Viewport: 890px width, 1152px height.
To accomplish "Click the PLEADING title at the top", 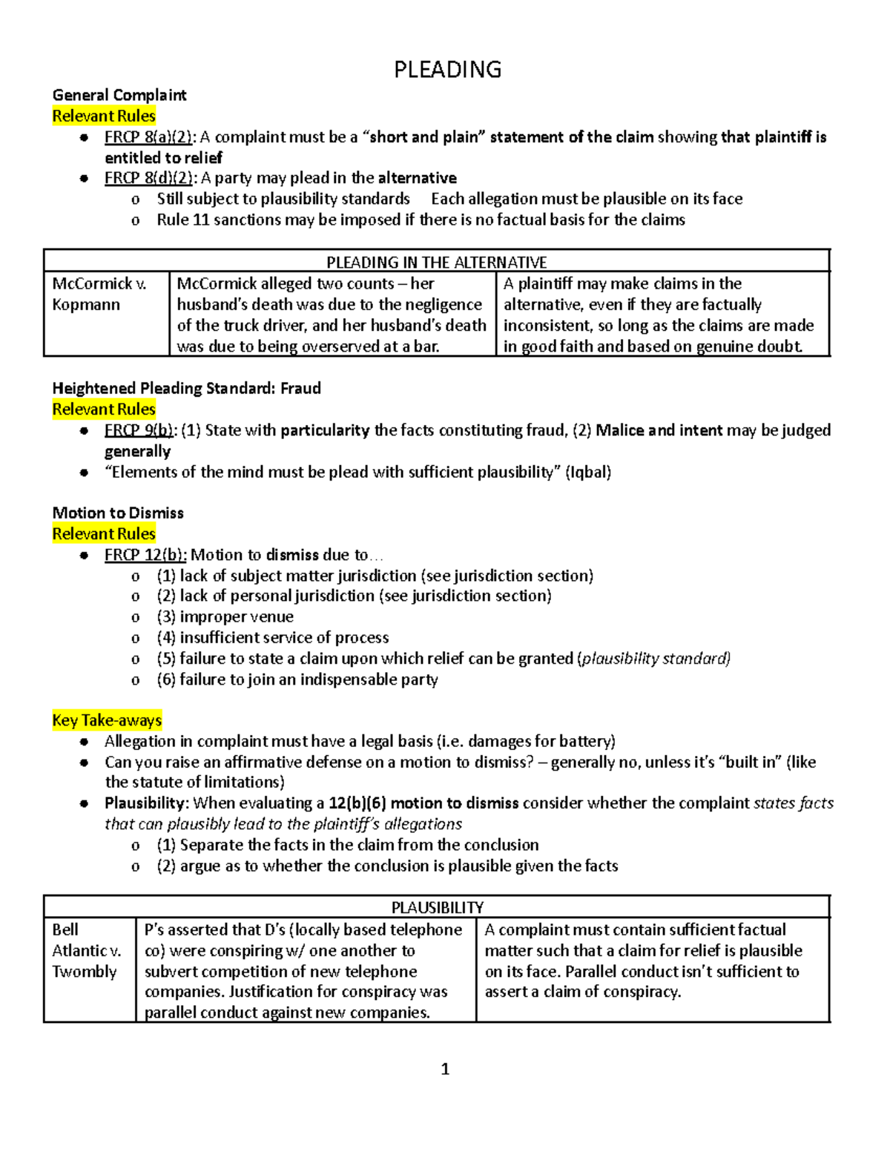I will [447, 70].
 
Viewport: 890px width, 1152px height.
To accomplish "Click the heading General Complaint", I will [119, 95].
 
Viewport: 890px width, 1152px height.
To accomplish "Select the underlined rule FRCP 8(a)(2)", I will [150, 137].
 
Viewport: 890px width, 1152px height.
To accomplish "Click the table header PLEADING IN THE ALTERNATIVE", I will [437, 262].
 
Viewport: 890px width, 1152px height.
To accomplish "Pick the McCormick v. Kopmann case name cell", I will [99, 294].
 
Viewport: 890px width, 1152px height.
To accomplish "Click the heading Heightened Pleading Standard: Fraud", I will [186, 388].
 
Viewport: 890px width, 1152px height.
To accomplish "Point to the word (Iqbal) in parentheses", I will [588, 473].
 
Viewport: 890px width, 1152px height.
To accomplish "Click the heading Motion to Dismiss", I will [118, 513].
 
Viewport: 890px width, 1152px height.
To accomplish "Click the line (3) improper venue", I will [225, 617].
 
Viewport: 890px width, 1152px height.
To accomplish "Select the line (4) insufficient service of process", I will [272, 638].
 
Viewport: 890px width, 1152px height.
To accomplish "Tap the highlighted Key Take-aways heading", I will [107, 720].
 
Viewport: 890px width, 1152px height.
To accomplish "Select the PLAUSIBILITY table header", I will [437, 907].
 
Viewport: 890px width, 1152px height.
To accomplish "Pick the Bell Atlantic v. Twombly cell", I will [86, 950].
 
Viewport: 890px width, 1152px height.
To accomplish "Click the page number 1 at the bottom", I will [445, 1069].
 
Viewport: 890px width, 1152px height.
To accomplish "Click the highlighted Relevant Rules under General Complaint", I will [104, 116].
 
